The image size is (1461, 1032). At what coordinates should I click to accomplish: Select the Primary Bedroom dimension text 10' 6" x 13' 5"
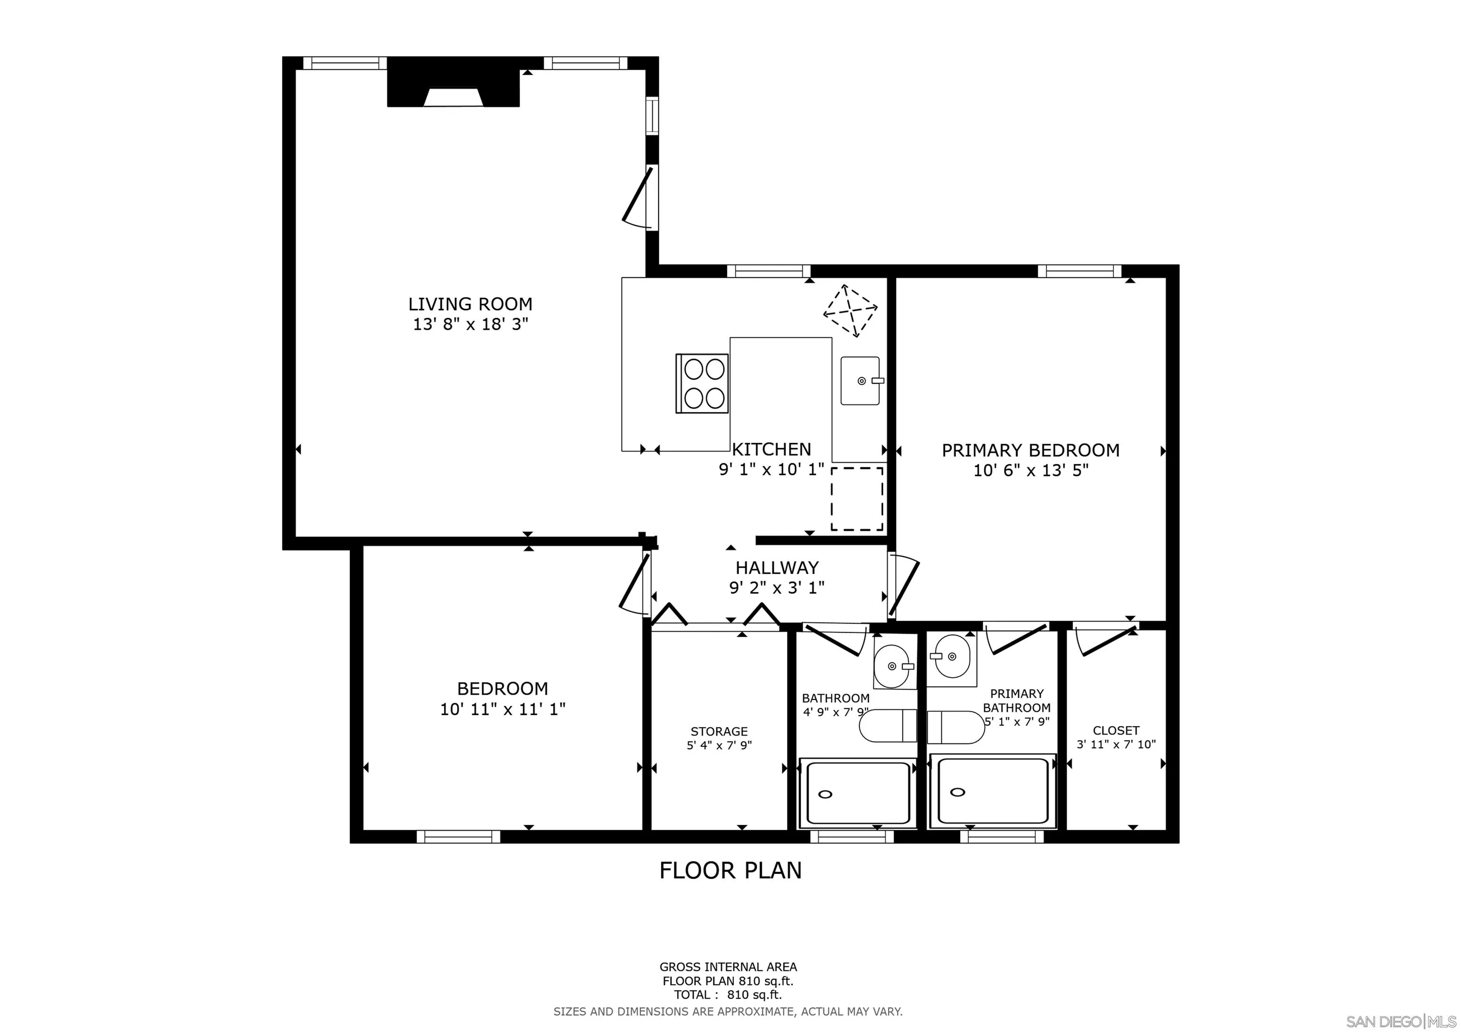(x=1030, y=470)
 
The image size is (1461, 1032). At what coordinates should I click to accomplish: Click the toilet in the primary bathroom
(x=955, y=727)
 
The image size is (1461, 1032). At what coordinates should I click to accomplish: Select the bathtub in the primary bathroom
(x=992, y=791)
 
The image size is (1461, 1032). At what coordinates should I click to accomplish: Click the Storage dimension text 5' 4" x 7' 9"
(x=719, y=745)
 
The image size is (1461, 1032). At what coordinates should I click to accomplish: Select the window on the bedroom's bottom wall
(x=458, y=836)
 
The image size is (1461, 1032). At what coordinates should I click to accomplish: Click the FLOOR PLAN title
(x=730, y=870)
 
